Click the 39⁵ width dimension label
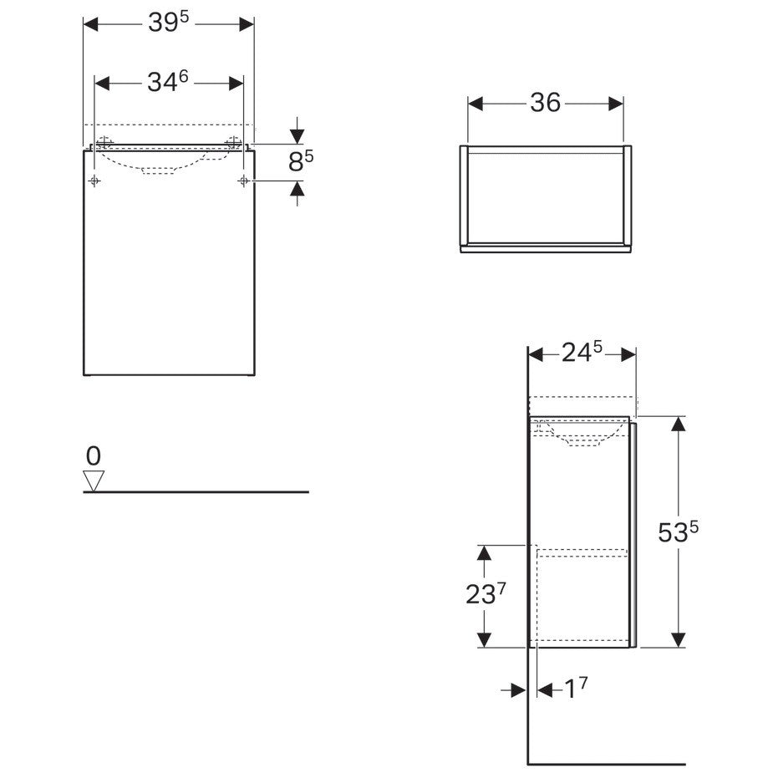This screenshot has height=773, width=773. point(169,22)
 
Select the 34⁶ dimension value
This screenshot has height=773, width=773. point(168,81)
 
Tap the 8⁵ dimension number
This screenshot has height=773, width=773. point(301,160)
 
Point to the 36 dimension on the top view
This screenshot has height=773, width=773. point(545,103)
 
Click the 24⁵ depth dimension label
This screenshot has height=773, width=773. point(582,352)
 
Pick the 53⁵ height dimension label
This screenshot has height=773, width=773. point(679,531)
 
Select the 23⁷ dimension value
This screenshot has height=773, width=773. point(486,593)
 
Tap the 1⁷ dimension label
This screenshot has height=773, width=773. point(576,689)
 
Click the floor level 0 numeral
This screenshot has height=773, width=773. point(93,456)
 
